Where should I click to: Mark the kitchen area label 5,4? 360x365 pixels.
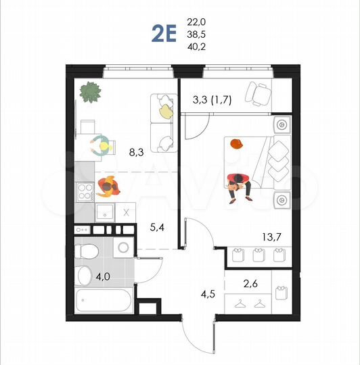158,228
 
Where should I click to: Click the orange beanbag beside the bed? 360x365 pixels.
235,143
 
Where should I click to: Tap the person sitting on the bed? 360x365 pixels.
239,185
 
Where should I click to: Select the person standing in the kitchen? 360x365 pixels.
108,185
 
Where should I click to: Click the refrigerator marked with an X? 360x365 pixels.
126,212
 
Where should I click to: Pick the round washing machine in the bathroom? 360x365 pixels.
123,247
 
